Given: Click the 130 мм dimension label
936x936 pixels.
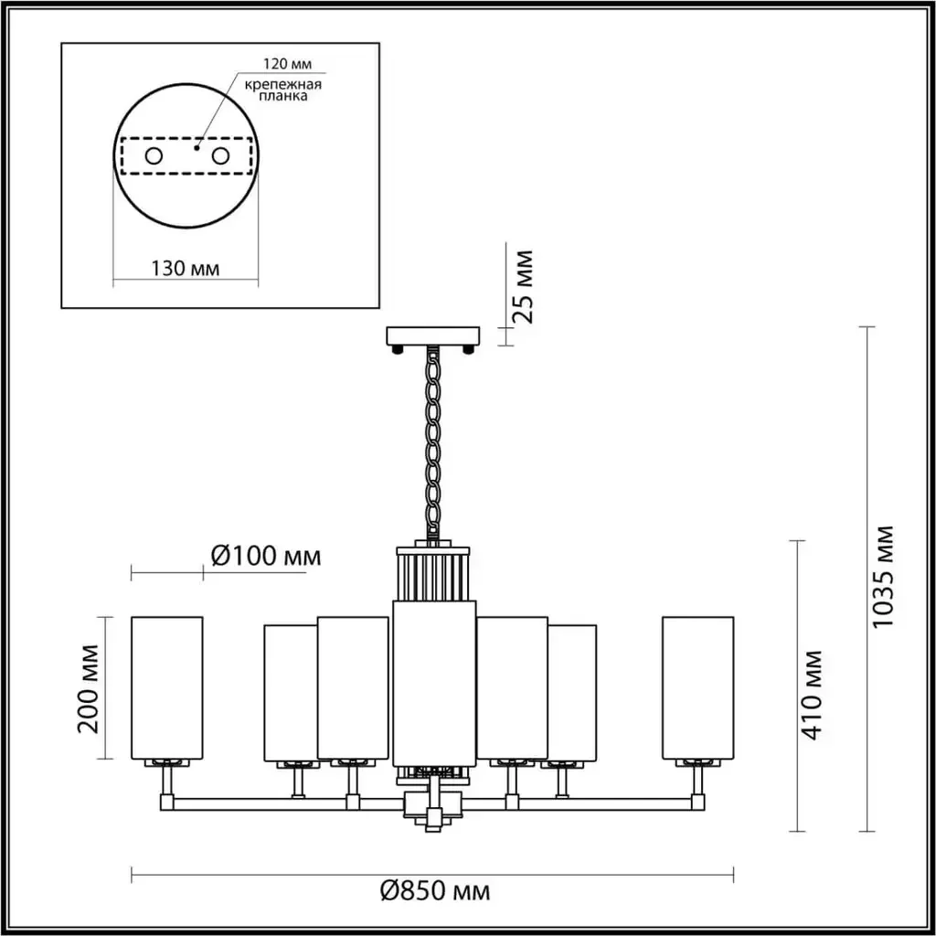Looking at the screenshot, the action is point(185,269).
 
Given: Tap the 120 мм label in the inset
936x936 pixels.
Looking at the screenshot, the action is point(288,64).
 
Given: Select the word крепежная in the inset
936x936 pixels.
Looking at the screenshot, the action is point(283,84).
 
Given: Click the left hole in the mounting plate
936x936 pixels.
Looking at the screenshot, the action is point(154,156).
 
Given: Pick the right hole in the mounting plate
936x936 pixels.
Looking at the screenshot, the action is point(220,156).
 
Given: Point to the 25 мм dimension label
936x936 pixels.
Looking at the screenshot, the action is point(523,287).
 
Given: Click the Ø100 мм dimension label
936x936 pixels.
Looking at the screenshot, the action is point(266,557).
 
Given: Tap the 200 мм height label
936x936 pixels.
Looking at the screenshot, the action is point(89,688).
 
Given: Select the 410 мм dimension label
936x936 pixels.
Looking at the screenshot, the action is point(812,696).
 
